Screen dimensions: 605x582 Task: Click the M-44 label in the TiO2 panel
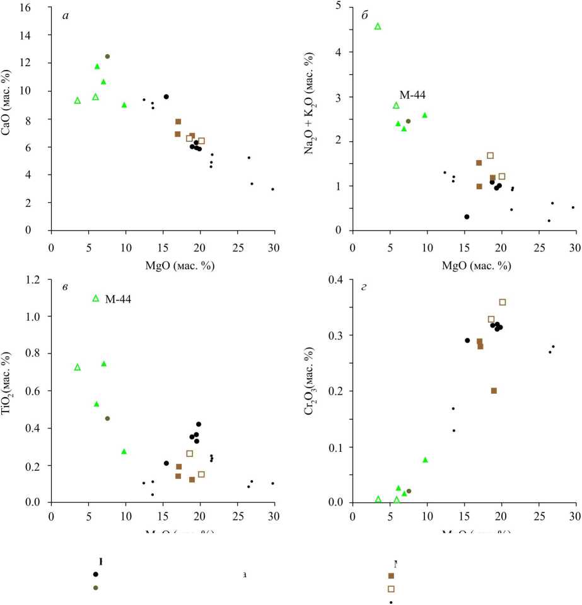117,298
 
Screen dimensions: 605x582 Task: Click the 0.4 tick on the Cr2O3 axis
338,280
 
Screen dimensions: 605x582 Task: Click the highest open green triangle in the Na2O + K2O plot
378,26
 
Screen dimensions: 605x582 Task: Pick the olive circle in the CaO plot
107,57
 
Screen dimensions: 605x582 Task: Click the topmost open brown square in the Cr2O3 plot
503,302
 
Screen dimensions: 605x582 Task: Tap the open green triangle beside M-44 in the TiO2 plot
96,298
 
